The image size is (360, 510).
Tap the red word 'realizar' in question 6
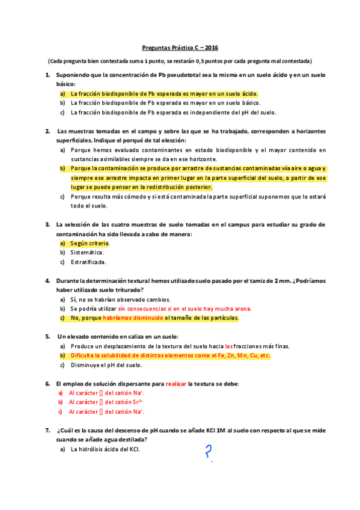click(176, 382)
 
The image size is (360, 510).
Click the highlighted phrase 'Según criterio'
click(90, 243)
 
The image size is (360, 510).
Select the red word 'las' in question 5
click(228, 346)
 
